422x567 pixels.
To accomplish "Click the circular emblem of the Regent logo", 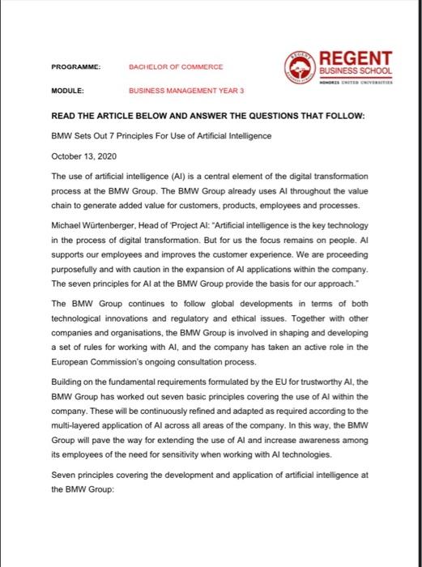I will [301, 66].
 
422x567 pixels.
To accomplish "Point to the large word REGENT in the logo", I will [356, 59].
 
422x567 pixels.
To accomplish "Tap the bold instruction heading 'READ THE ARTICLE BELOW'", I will [207, 116].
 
